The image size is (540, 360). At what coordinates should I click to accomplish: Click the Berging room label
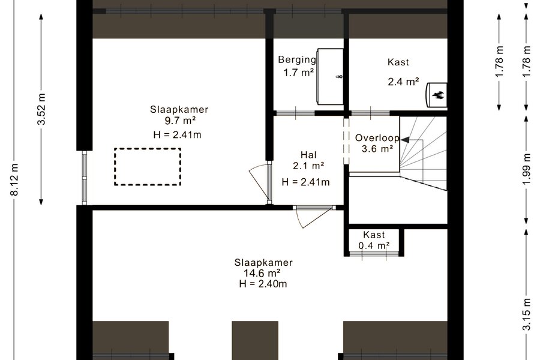click(x=297, y=60)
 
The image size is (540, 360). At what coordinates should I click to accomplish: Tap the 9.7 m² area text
click(x=180, y=121)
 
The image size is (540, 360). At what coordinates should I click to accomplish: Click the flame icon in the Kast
click(x=439, y=95)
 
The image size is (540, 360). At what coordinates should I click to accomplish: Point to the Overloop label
click(x=377, y=138)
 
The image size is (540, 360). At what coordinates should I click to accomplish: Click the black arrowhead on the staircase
click(x=405, y=140)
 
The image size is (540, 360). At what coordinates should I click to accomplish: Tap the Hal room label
click(x=308, y=155)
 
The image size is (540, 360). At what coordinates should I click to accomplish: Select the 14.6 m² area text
click(x=262, y=273)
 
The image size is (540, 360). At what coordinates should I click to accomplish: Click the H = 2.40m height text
click(x=263, y=284)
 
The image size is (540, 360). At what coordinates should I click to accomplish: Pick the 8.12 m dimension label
click(x=14, y=179)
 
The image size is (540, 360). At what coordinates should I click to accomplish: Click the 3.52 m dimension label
click(x=41, y=109)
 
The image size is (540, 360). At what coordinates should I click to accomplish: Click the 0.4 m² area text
click(x=374, y=245)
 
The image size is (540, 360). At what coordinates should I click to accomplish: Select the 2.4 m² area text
click(x=403, y=82)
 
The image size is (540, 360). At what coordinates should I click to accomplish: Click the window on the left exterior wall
click(x=85, y=178)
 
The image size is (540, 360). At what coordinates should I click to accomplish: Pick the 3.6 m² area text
click(x=377, y=149)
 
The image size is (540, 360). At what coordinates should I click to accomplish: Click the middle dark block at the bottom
click(x=255, y=340)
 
